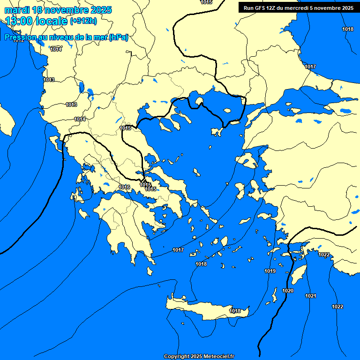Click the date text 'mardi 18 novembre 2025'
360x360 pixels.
pyautogui.click(x=58, y=10)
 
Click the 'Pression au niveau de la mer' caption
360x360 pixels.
pyautogui.click(x=66, y=37)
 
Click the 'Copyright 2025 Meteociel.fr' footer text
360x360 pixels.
pyautogui.click(x=199, y=356)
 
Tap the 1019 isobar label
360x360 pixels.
pyautogui.click(x=270, y=271)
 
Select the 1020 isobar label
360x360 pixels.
pyautogui.click(x=288, y=291)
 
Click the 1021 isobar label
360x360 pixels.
pyautogui.click(x=310, y=296)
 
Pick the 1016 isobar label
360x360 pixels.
pyautogui.click(x=124, y=187)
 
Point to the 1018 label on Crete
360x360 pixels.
pyautogui.click(x=235, y=311)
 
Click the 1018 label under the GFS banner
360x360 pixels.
pyautogui.click(x=347, y=30)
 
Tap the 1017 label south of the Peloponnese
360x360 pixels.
pyautogui.click(x=178, y=250)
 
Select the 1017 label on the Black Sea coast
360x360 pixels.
pyautogui.click(x=310, y=67)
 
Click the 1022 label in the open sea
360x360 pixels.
pyautogui.click(x=337, y=307)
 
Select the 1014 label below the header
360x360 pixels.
pyautogui.click(x=56, y=49)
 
